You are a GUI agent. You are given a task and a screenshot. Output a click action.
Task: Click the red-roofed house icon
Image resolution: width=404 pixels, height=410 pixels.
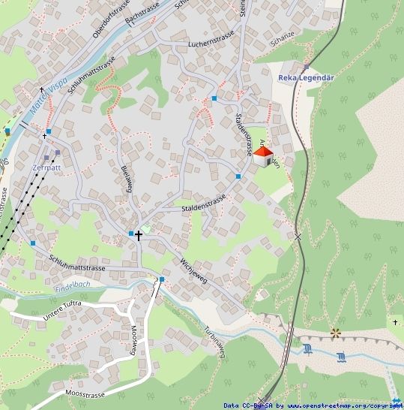262,157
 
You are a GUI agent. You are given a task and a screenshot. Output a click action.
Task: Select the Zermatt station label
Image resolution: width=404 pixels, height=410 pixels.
46,167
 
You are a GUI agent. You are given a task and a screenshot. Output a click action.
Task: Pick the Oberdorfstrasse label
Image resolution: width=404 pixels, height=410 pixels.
97,25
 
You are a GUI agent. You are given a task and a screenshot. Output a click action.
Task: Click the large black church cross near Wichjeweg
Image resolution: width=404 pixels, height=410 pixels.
139,235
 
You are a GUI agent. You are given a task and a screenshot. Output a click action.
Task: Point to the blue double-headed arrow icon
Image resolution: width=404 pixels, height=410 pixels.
396,401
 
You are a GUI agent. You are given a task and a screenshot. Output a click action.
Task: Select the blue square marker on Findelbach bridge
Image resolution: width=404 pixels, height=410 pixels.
161,279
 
